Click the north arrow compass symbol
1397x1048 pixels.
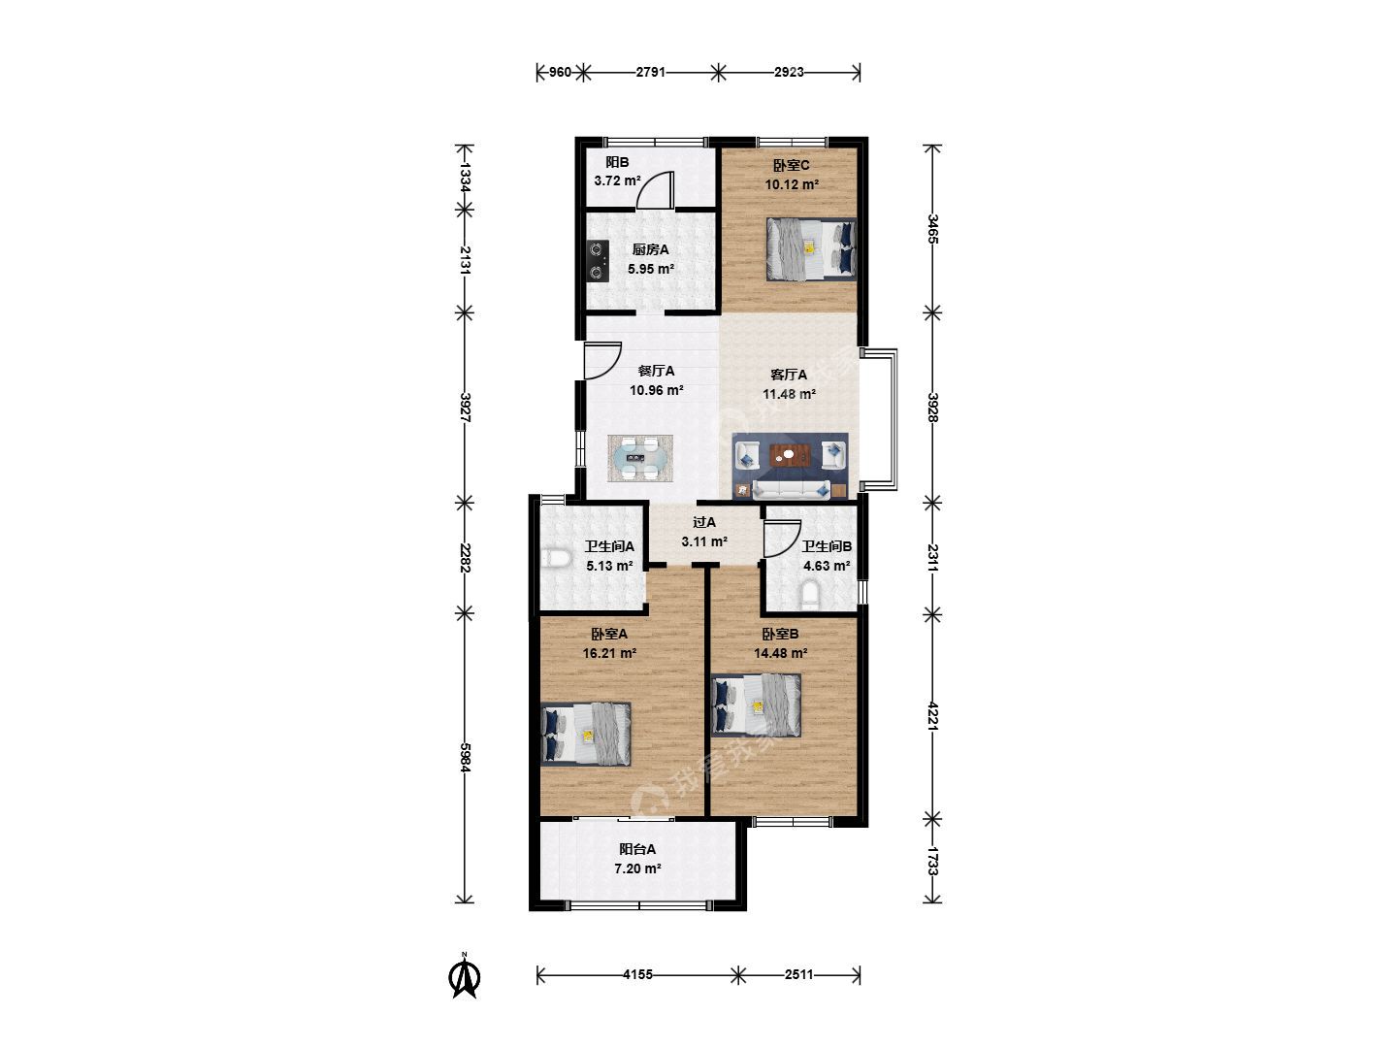(465, 977)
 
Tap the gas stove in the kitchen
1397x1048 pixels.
(152, 261)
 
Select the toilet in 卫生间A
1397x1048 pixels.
(556, 559)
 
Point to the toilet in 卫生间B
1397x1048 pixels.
(809, 595)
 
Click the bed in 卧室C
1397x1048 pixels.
(811, 248)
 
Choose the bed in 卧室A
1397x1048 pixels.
(586, 734)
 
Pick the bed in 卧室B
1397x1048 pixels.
(756, 705)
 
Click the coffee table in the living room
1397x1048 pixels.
(790, 456)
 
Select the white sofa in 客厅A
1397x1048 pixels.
(791, 489)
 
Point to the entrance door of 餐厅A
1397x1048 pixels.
(602, 361)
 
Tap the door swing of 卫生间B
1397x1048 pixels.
(782, 539)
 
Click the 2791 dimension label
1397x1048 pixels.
(650, 72)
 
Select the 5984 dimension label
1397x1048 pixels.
(466, 757)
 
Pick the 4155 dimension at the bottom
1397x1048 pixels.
(637, 974)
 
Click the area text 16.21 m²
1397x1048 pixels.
(609, 653)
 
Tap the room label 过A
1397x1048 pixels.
(704, 522)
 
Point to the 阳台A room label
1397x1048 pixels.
(637, 849)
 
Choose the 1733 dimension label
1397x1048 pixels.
(933, 861)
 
